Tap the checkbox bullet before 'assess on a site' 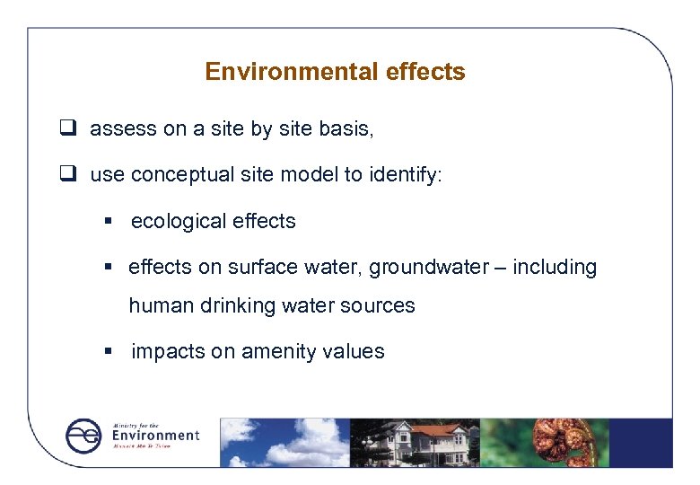(x=66, y=129)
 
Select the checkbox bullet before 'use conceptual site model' (x=66, y=174)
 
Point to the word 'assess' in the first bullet (x=123, y=129)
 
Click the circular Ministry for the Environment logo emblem (x=84, y=436)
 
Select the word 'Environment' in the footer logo (x=154, y=436)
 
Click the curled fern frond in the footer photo (x=556, y=440)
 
